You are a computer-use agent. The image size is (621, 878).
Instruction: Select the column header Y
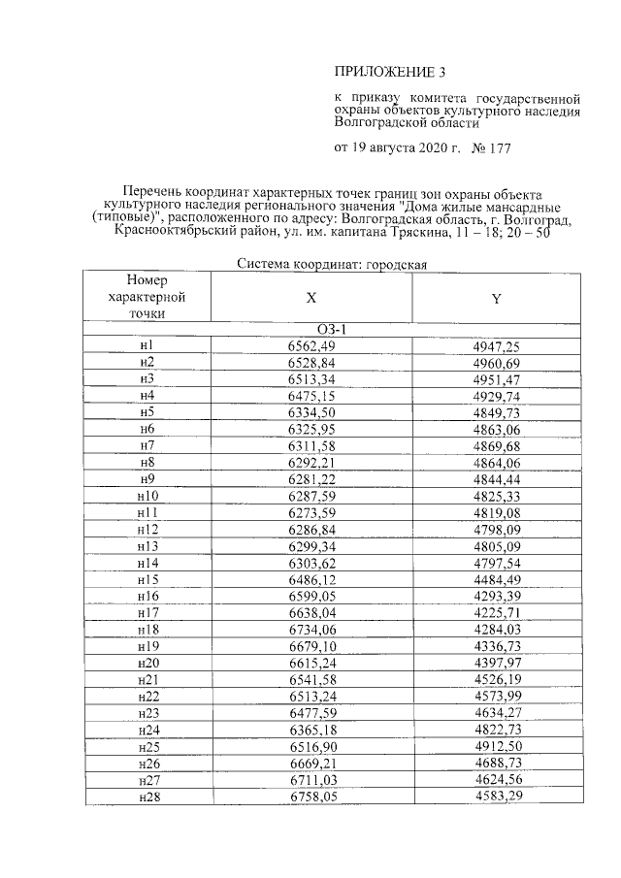496,299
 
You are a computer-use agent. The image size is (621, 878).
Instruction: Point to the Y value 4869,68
496,444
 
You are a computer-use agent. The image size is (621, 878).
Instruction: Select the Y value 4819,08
496,511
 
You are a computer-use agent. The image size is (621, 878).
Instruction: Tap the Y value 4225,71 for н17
496,612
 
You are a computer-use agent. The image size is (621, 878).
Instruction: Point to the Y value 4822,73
496,729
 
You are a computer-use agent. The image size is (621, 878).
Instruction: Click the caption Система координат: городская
332,264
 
